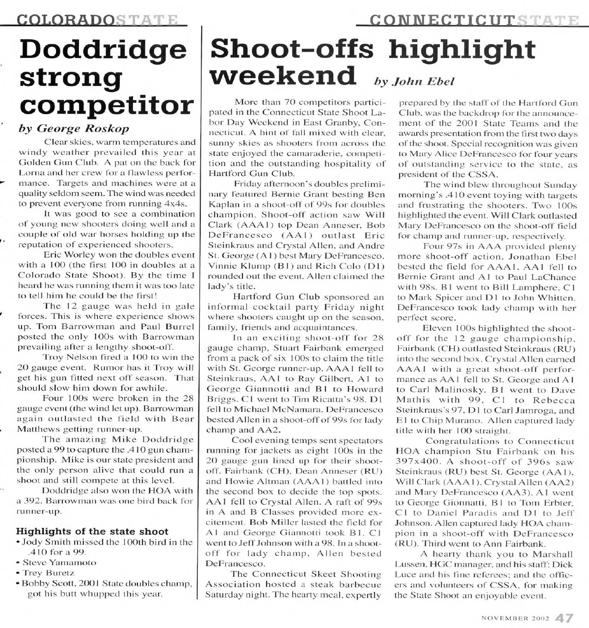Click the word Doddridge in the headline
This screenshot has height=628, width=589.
[103, 50]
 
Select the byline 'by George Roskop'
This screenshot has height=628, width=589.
[74, 128]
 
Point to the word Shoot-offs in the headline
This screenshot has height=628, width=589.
[292, 49]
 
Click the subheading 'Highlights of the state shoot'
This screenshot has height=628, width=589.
[92, 531]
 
